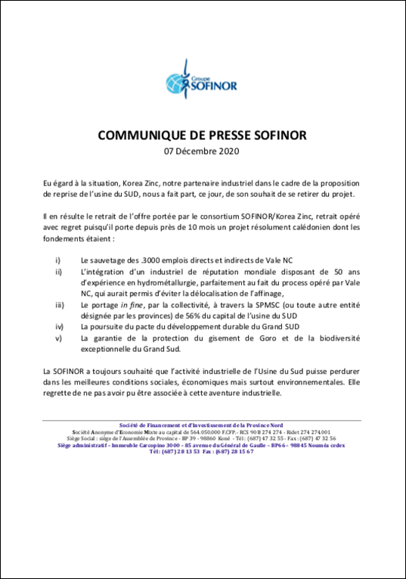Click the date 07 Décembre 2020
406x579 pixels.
203,151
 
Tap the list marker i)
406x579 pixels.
59,259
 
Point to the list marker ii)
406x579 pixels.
59,272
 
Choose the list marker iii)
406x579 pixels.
60,306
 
